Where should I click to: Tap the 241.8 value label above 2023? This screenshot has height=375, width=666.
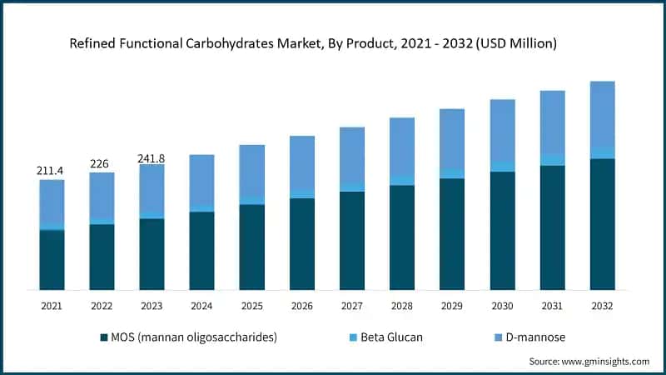pyautogui.click(x=152, y=156)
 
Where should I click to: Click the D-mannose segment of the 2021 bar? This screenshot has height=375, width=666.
pyautogui.click(x=52, y=203)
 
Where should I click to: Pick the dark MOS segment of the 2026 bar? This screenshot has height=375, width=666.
pyautogui.click(x=301, y=243)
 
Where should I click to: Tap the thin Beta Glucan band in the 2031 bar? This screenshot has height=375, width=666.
pyautogui.click(x=552, y=160)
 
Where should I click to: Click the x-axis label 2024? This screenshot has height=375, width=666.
pyautogui.click(x=201, y=307)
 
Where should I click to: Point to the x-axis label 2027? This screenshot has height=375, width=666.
pyautogui.click(x=351, y=307)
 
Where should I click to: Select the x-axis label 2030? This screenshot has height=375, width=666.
pyautogui.click(x=501, y=307)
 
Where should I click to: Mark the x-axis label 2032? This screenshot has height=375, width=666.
pyautogui.click(x=602, y=307)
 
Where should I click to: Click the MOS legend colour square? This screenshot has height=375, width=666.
pyautogui.click(x=104, y=337)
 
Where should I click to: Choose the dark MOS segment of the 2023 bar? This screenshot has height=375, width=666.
pyautogui.click(x=152, y=254)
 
